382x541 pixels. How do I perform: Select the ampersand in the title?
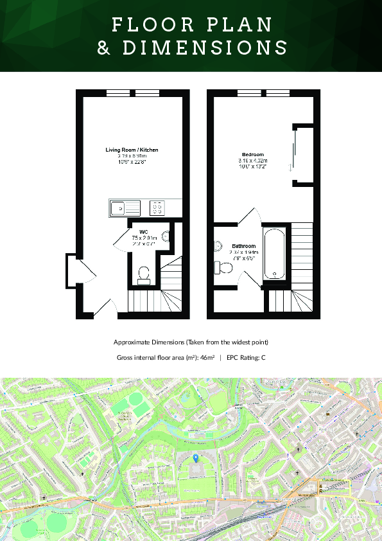pos(103,48)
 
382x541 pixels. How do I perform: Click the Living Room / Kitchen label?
pos(132,150)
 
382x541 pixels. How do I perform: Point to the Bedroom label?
pos(252,155)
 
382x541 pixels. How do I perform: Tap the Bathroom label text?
pos(244,246)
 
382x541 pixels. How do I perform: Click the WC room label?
pos(144,231)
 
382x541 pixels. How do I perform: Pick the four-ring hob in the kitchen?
pos(157,208)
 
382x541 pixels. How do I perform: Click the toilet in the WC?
pos(144,275)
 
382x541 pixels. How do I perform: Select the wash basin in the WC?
pos(166,237)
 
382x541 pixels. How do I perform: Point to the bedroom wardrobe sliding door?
pos(293,147)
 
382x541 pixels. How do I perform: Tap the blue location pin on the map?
pos(196,457)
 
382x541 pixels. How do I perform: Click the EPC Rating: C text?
pos(245,357)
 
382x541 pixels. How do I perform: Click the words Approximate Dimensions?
pos(141,342)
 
